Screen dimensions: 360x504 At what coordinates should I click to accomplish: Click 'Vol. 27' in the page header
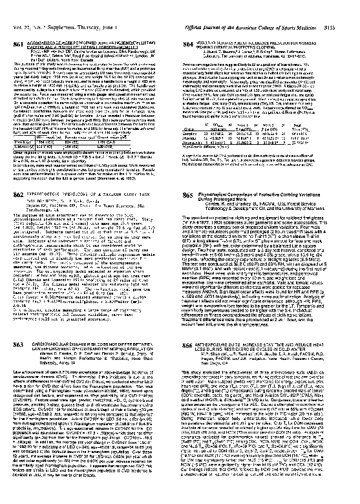(21, 7)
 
